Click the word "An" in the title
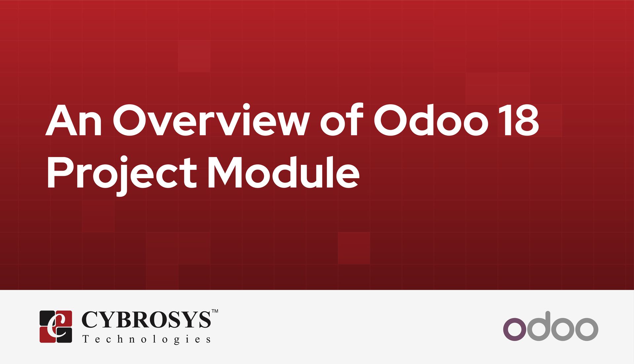click(74, 120)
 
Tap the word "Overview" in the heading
click(211, 120)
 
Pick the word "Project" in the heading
click(122, 173)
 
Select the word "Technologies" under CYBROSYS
click(146, 339)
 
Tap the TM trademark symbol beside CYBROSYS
click(215, 311)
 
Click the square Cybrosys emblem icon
click(56, 326)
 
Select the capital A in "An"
click(61, 120)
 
